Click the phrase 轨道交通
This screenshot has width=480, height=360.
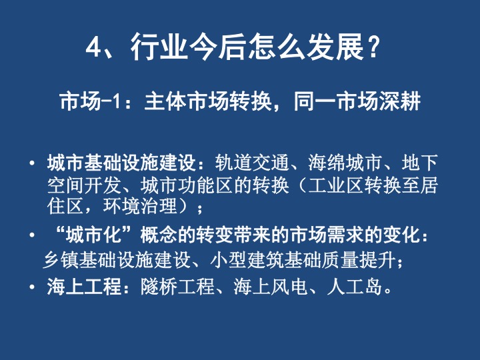(x=252, y=163)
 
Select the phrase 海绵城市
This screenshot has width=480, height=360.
(x=345, y=163)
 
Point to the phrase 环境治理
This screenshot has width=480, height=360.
(x=140, y=206)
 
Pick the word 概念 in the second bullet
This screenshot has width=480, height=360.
(x=159, y=235)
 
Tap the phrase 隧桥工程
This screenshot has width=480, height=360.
(x=177, y=287)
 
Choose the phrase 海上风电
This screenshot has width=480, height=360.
(x=271, y=287)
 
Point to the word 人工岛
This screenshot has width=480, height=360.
(x=355, y=287)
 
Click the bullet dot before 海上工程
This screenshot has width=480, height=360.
(x=32, y=287)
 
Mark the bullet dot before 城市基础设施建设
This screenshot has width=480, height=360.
(x=32, y=163)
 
